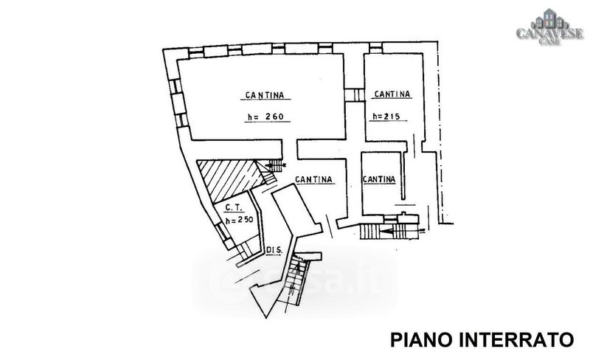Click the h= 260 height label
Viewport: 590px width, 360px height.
pyautogui.click(x=265, y=117)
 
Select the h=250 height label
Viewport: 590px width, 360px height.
pyautogui.click(x=239, y=220)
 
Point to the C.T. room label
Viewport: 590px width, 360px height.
pyautogui.click(x=235, y=207)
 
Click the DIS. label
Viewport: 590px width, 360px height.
pyautogui.click(x=274, y=250)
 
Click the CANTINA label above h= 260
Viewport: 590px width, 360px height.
pyautogui.click(x=265, y=95)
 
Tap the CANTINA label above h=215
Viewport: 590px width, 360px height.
pyautogui.click(x=392, y=94)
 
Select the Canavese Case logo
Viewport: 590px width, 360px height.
pyautogui.click(x=549, y=27)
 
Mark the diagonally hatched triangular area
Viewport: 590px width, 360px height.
pyautogui.click(x=229, y=179)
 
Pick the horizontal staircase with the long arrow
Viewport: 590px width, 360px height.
pyautogui.click(x=389, y=231)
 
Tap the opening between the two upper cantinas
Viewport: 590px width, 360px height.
pyautogui.click(x=355, y=95)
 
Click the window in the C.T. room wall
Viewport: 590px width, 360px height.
pyautogui.click(x=222, y=230)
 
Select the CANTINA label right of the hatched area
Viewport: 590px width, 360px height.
pyautogui.click(x=313, y=179)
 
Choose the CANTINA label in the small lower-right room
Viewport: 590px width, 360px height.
pyautogui.click(x=379, y=179)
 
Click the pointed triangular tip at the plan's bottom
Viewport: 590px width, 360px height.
pyautogui.click(x=266, y=317)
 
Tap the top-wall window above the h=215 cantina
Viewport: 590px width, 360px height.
pyautogui.click(x=375, y=48)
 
